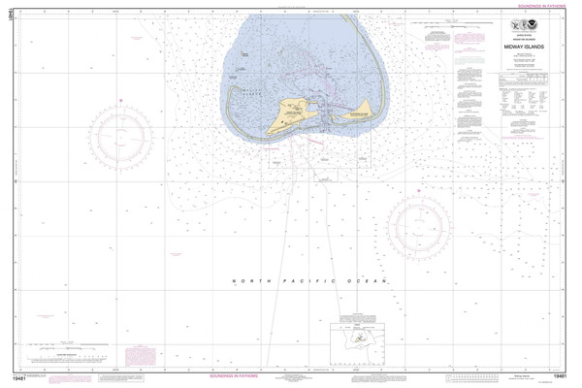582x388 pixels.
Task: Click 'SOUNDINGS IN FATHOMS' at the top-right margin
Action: click(535, 6)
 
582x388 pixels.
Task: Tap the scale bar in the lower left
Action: click(68, 346)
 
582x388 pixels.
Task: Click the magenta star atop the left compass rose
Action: click(120, 99)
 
